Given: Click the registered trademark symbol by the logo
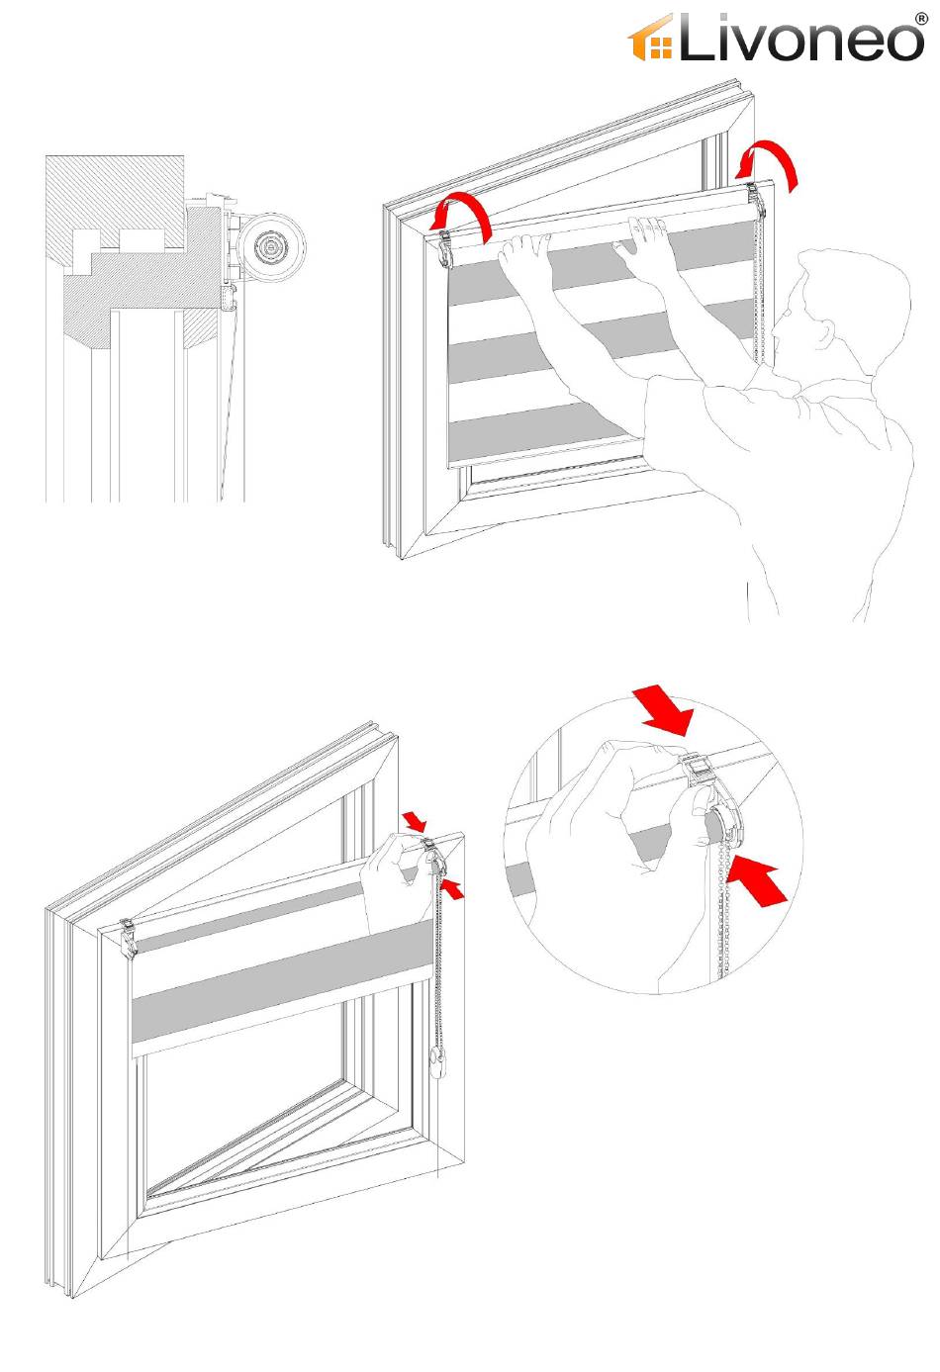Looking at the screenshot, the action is click(921, 17).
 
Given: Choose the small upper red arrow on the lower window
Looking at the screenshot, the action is click(415, 821).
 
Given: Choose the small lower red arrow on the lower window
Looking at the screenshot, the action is click(451, 889).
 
